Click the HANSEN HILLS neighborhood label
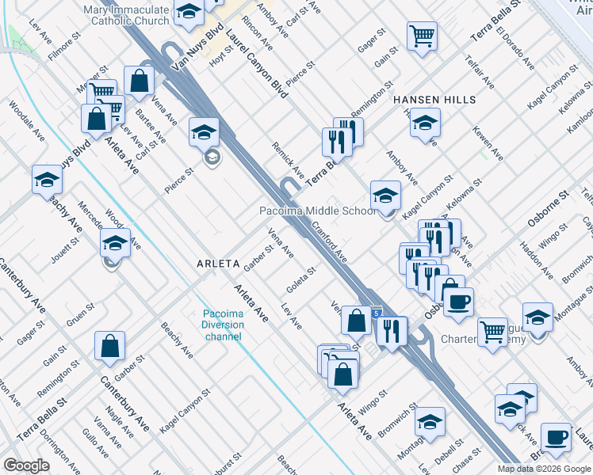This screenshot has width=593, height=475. point(434,100)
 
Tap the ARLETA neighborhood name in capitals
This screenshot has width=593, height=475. point(217,263)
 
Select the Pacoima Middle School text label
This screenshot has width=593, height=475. point(318,211)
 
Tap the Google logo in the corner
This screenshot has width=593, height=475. point(26,465)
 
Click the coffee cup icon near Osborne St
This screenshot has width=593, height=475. point(459,302)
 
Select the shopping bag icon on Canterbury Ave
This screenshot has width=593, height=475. point(109,345)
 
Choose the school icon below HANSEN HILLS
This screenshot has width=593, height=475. point(425,123)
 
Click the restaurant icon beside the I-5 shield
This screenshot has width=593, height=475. point(391,331)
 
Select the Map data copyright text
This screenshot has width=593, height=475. point(544,469)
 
